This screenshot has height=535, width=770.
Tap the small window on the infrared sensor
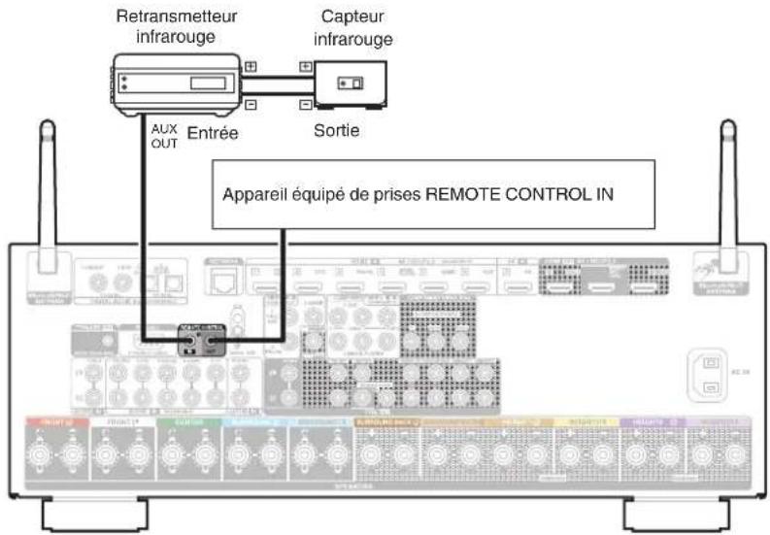point(351,84)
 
